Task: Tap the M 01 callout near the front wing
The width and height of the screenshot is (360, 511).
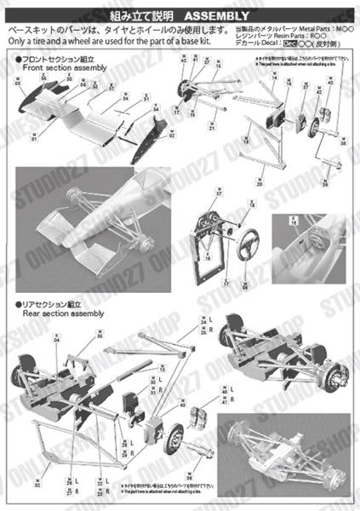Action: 35,135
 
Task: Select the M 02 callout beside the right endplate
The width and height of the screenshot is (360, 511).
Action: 172,132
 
